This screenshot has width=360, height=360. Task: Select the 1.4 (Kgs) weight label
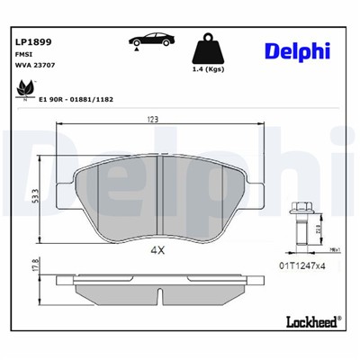(x=209, y=69)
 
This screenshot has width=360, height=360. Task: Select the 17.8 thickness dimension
(x=34, y=267)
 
